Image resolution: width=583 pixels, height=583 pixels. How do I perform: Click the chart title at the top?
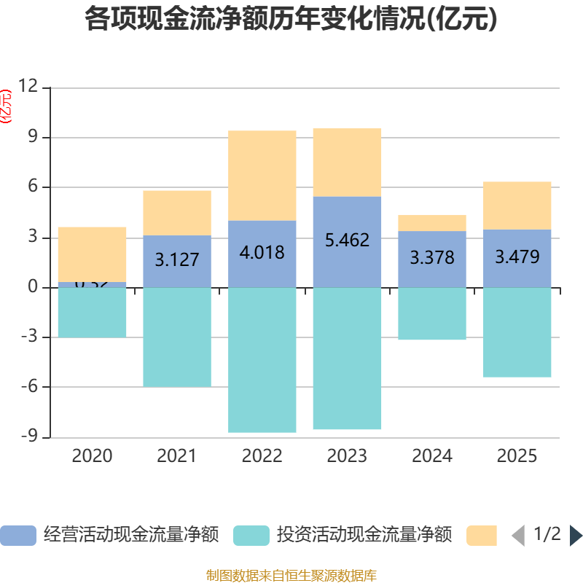(x=291, y=19)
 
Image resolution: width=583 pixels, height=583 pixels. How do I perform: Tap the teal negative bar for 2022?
(x=262, y=360)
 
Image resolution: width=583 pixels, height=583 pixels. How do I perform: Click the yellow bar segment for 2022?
(x=262, y=176)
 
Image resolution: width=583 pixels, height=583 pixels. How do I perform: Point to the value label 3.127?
(x=176, y=259)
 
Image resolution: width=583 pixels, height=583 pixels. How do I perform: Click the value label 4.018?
(x=262, y=253)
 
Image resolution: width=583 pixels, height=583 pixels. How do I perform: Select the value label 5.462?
(x=347, y=240)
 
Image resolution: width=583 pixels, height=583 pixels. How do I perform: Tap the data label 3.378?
(x=432, y=258)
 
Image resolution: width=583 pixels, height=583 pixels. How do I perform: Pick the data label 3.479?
(x=517, y=257)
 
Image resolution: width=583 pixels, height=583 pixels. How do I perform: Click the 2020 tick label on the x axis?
(x=92, y=456)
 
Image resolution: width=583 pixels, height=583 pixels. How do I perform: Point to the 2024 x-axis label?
(x=432, y=456)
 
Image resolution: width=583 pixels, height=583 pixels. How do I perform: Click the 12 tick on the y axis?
(x=28, y=87)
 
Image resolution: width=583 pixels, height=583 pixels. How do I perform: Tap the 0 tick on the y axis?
(x=32, y=287)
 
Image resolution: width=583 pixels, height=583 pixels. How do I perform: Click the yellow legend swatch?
(x=481, y=536)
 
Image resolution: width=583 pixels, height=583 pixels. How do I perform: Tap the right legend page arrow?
(x=576, y=536)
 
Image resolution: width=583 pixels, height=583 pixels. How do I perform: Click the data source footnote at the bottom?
(x=291, y=576)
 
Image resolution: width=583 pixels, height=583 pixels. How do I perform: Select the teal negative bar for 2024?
(x=432, y=314)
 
